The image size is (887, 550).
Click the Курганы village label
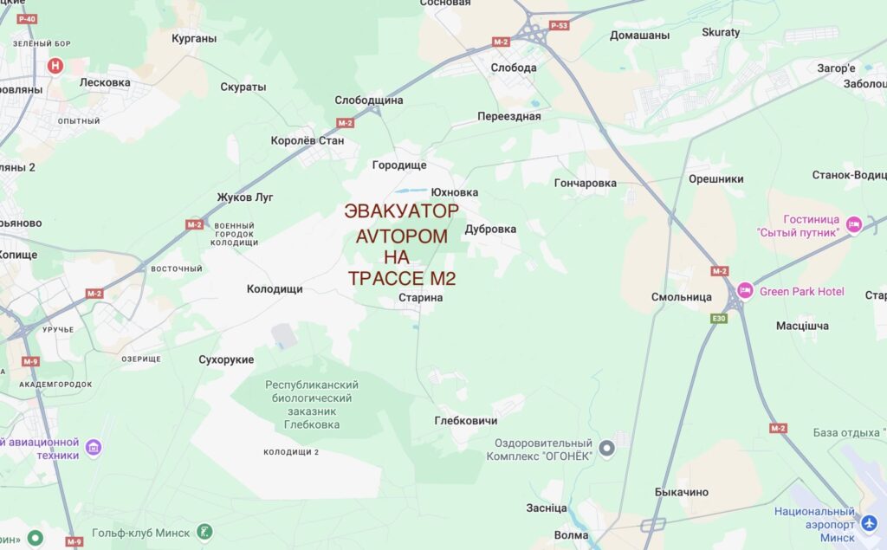coord(194,38)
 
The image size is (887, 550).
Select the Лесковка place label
coord(105,83)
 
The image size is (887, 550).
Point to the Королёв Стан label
coord(308,140)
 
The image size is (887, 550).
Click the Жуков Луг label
coord(245,197)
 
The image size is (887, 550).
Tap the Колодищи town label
coord(275,289)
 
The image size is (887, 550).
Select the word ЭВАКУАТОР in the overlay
coord(401,211)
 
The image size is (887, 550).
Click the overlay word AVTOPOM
coord(402,236)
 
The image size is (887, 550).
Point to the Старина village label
coord(421,298)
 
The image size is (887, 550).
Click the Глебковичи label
coord(466,421)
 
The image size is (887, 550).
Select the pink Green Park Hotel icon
coord(745,291)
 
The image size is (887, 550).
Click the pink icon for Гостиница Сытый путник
coord(854,225)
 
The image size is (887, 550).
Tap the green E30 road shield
coord(718,319)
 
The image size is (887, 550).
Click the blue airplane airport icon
coord(870,525)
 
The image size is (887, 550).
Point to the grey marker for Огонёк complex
coord(607,449)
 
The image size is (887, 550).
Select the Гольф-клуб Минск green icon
coord(204,532)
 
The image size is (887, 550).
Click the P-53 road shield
coord(560,26)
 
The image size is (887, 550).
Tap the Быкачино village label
coord(682,493)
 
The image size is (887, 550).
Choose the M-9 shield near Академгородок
coord(30,361)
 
